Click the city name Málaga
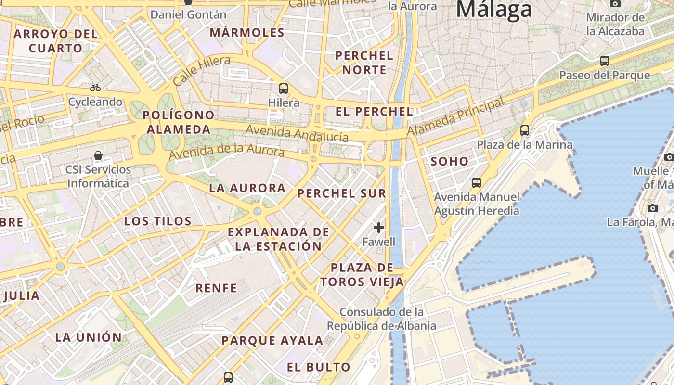point(494,10)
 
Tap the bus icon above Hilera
point(284,88)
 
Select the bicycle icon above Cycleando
point(95,88)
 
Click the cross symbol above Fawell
point(379,227)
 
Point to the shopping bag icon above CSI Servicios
point(98,155)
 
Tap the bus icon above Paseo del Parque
point(604,61)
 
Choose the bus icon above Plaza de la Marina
point(525,130)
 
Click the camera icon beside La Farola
point(653,208)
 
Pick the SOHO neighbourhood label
point(450,161)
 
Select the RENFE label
point(216,288)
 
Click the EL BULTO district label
point(319,367)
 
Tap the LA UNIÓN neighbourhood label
point(89,337)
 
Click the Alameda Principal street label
point(455,116)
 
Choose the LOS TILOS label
point(158,221)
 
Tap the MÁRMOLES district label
point(247,33)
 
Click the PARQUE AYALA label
point(272,341)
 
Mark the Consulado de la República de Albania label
point(381,319)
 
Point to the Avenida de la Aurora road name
point(226,152)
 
